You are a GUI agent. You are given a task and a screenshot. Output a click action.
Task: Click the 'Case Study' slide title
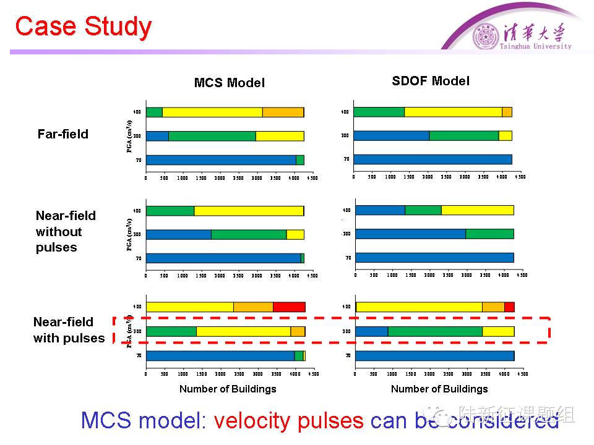coord(83,27)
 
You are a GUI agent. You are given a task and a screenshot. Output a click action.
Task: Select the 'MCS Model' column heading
coord(229,83)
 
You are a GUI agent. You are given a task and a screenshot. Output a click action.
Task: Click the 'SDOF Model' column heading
coord(431,81)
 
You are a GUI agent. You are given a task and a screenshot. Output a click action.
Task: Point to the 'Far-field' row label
coord(63,134)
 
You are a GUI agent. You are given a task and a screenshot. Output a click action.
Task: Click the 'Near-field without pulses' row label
coord(66,232)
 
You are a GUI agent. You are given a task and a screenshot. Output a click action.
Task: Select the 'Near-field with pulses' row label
coord(69,330)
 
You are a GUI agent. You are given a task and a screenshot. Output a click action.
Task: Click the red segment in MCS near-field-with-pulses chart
coord(289,307)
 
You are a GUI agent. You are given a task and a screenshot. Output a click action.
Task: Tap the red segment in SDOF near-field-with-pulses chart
coord(509,307)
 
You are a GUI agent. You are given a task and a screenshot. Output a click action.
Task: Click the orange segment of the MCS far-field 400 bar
coord(283,112)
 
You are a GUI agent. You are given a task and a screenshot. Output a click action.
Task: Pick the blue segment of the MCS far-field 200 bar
coord(157,136)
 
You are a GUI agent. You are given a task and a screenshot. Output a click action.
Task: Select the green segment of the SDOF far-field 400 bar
coord(379,112)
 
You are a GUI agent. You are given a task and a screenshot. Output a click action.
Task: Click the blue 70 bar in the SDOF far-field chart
coord(433,159)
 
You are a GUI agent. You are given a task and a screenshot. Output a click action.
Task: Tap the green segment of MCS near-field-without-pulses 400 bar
coord(170,210)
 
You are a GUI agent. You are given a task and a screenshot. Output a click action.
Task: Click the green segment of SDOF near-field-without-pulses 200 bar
coord(489,234)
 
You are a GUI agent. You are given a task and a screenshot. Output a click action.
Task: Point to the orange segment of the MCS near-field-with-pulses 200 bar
coord(298,331)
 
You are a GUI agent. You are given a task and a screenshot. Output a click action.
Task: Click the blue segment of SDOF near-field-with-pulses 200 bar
coord(372,331)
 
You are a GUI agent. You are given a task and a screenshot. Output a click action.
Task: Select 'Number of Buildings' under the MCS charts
coord(228,389)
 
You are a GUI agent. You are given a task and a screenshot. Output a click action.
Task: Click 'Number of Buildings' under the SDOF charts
coord(439,389)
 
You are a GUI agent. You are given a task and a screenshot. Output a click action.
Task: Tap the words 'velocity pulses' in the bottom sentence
coord(288,421)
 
